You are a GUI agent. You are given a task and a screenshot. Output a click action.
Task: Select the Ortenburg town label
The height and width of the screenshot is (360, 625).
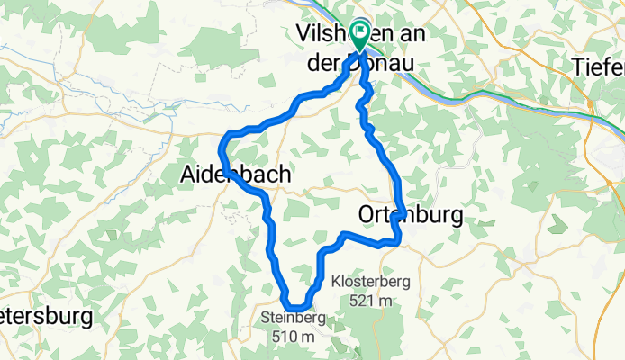410,216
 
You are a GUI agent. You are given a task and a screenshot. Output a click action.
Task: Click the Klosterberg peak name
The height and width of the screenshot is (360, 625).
370,282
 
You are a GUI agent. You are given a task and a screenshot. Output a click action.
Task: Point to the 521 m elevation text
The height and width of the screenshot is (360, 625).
370,301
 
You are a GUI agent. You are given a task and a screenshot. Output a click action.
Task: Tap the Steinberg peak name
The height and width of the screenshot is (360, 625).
289,318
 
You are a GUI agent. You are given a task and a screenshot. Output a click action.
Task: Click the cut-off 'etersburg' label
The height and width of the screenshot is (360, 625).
46,317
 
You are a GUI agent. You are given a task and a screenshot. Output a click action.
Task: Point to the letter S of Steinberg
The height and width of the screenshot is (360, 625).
265,318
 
